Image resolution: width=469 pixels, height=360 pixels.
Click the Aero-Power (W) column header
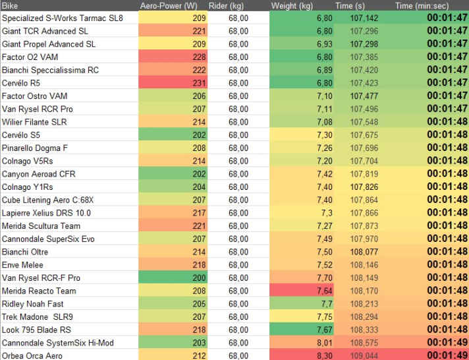point(169,5)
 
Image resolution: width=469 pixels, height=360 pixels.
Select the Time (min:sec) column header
point(421,5)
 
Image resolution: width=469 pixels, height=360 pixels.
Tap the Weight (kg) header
point(292,5)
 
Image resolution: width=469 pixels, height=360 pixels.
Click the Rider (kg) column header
point(229,5)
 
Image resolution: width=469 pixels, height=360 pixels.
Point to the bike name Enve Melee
point(23,265)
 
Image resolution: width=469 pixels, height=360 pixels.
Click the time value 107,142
point(364,18)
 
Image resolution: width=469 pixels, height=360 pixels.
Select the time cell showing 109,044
point(364,356)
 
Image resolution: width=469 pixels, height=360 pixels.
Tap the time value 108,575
point(364,343)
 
